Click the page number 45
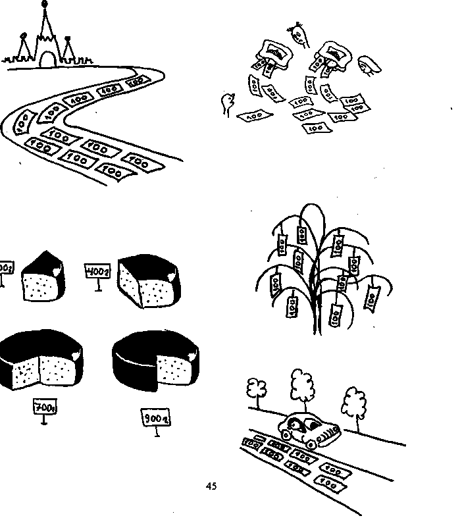coord(211,486)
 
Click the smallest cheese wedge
coord(43,277)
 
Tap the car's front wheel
coord(286,435)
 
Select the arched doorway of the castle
coord(47,60)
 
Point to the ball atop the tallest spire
coord(44,6)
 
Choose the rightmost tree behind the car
coord(353,401)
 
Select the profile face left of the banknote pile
coord(228,103)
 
